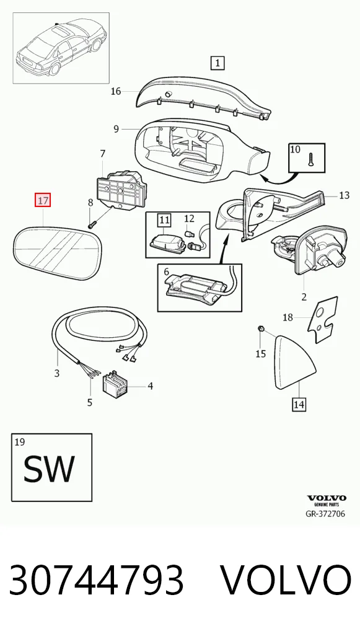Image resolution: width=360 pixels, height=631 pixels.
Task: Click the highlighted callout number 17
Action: coord(43,200)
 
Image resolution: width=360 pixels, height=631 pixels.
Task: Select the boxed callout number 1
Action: coord(217,63)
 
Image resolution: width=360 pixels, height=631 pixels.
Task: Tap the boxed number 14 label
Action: coord(299,404)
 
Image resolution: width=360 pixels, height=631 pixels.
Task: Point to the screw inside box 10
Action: coord(311,160)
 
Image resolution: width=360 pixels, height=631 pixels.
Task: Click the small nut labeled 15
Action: coord(260,329)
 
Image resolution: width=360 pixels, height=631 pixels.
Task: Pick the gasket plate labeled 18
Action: coord(323,319)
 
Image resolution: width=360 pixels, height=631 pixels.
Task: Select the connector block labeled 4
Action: coord(115,385)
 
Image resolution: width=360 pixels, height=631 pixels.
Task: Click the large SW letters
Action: coord(49,469)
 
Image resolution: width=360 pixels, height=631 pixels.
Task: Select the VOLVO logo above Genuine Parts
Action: coord(326,498)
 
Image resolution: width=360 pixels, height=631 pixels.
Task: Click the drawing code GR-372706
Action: coord(325,514)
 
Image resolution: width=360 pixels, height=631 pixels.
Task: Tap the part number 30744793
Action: coord(97,580)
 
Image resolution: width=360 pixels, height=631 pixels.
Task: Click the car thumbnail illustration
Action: coord(61,48)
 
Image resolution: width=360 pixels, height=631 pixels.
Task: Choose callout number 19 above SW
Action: coord(19,443)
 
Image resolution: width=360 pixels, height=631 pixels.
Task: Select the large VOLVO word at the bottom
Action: coord(286,580)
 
